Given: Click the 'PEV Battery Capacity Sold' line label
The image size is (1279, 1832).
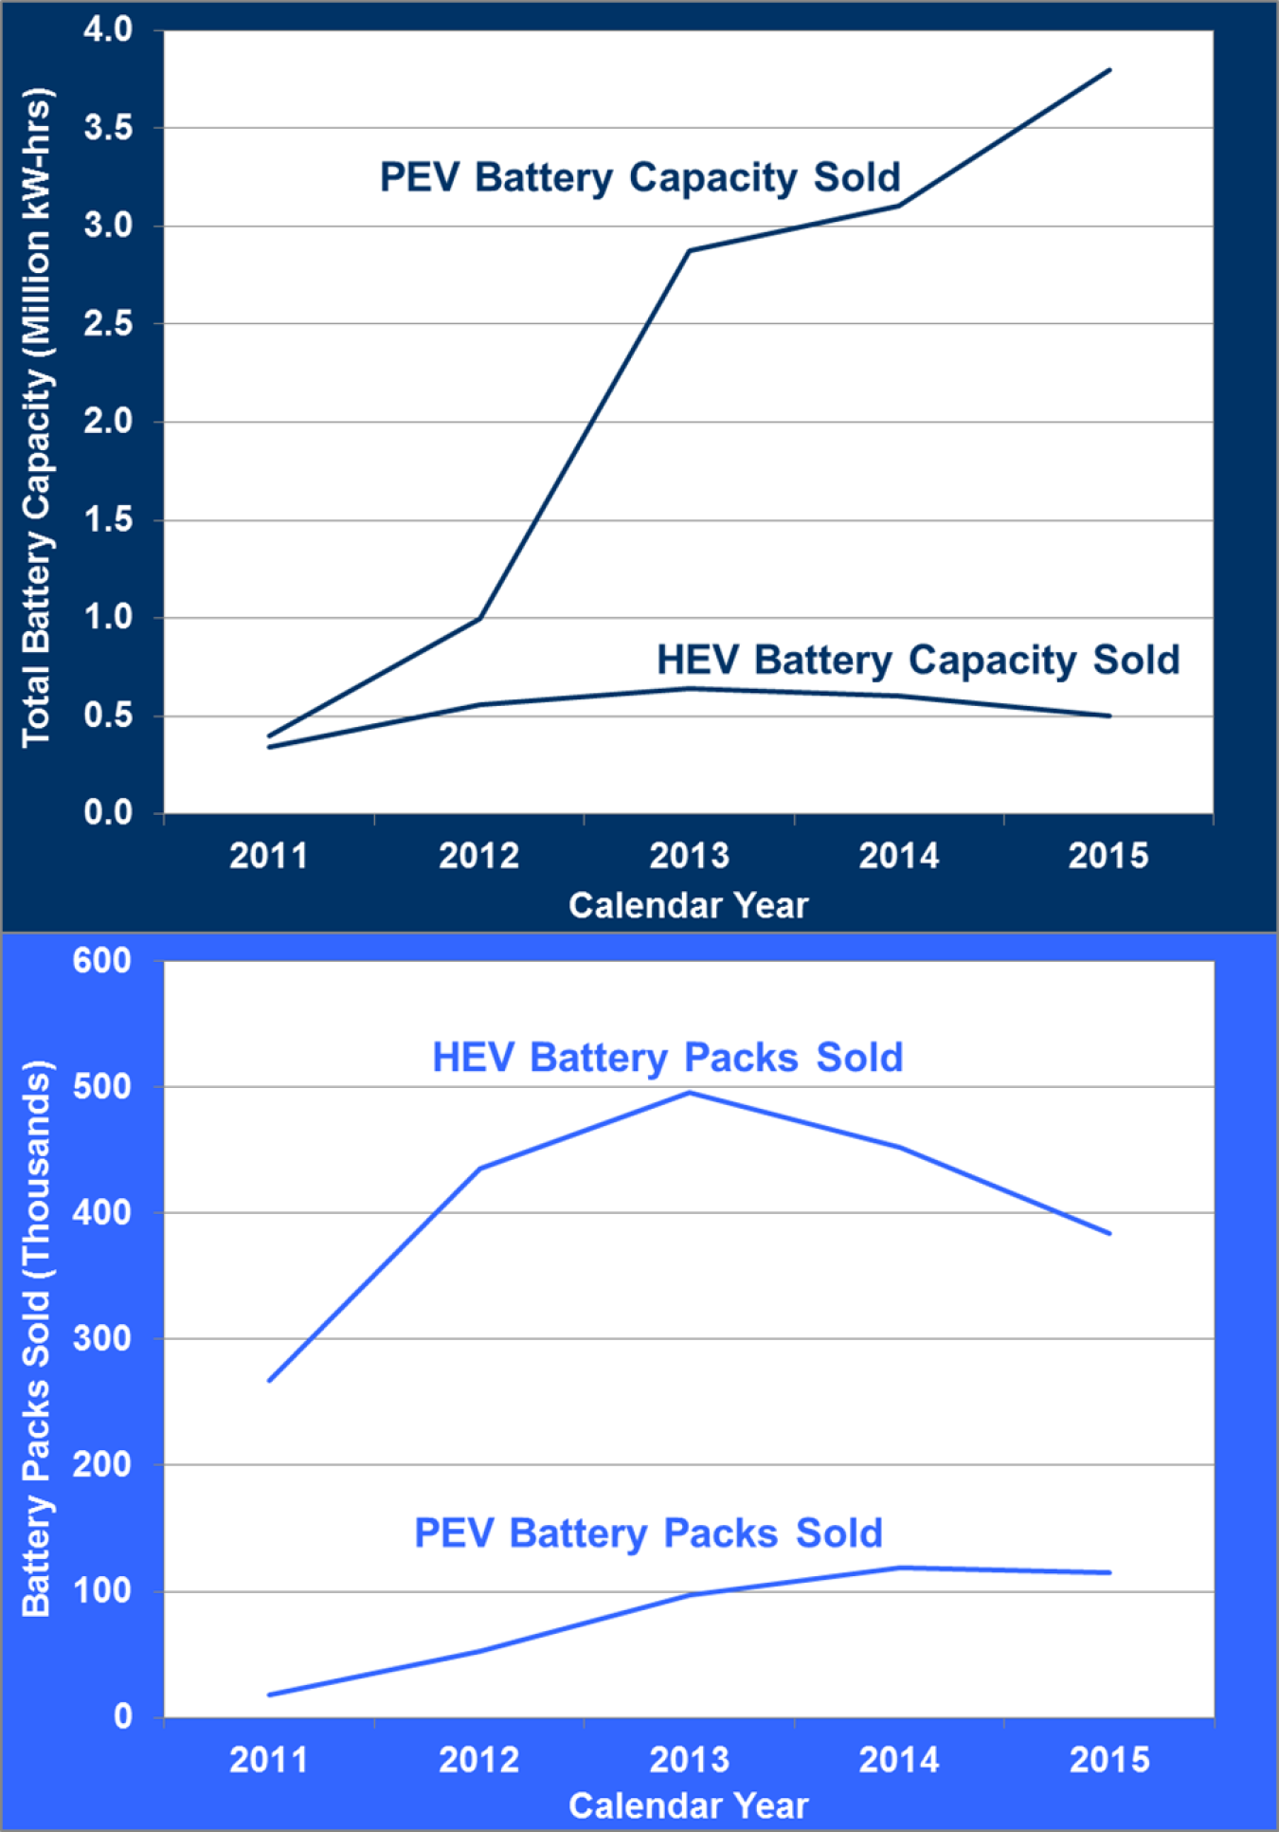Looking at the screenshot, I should point(639,178).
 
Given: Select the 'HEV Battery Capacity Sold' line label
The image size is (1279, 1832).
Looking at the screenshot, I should point(917,661).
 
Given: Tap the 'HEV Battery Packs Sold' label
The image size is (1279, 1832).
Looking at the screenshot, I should point(667,1058).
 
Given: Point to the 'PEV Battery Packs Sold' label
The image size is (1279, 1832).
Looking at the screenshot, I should point(648,1533).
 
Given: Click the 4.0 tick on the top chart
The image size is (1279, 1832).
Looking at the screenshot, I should point(108,29).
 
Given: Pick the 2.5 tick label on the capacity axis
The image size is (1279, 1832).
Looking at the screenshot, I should point(108,324).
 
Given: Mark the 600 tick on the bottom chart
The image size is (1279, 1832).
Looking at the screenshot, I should point(101,961).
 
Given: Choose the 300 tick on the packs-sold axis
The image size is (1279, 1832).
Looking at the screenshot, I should point(101,1338).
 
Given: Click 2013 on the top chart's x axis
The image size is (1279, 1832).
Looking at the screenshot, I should point(689,856).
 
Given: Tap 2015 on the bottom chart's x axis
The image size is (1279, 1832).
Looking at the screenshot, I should point(1109,1760).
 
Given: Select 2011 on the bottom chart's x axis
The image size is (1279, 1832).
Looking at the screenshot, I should point(269,1760).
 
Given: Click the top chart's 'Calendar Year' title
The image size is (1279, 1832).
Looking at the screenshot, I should point(688,905).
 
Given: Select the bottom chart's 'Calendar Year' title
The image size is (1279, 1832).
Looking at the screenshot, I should point(688,1806).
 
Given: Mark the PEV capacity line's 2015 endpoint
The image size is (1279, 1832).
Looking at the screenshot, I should point(1109,70).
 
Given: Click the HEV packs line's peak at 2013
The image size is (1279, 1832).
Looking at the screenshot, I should point(690,1093).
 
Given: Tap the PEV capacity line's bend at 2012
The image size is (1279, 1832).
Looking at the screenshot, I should point(480,618).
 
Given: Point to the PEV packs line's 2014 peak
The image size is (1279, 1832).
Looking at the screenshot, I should point(899,1568).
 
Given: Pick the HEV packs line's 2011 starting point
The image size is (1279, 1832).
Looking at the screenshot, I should point(270,1381).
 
